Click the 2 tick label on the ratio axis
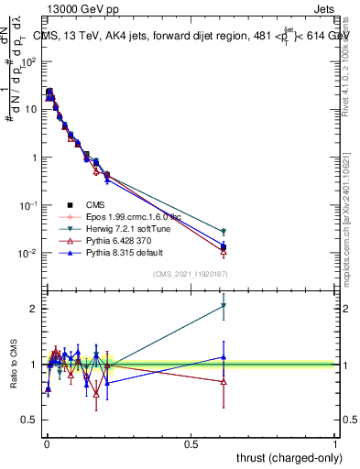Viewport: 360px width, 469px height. [x=36, y=309]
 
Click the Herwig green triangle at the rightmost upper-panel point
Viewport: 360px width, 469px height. [x=224, y=232]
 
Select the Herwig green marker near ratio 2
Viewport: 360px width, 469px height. [x=224, y=306]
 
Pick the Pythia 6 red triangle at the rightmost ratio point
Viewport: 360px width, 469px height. [x=224, y=381]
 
